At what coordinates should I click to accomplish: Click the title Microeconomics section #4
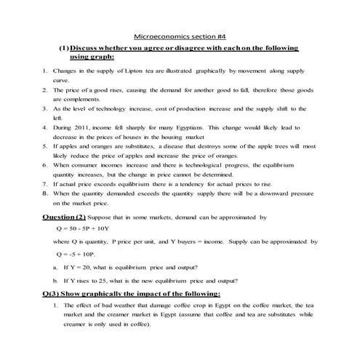[179, 34]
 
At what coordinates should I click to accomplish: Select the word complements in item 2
[71, 99]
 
